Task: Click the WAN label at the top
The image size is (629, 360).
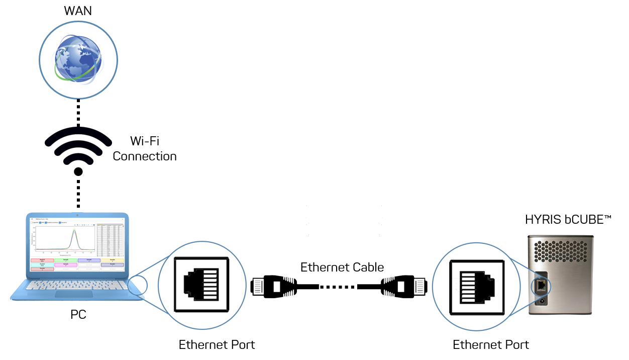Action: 78,11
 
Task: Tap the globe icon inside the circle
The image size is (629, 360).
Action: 78,57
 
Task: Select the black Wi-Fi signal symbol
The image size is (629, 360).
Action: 78,145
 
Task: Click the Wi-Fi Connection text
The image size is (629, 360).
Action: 145,148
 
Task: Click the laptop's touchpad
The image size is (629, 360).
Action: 73,294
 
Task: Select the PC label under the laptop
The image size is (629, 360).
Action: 78,315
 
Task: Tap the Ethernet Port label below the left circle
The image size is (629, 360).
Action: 217,345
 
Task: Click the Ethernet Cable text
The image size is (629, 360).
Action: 342,267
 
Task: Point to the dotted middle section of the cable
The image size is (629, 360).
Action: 338,287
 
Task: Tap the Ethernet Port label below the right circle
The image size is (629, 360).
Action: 490,345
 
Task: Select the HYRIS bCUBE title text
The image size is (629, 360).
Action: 568,220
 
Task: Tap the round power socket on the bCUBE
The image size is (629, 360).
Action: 542,302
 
